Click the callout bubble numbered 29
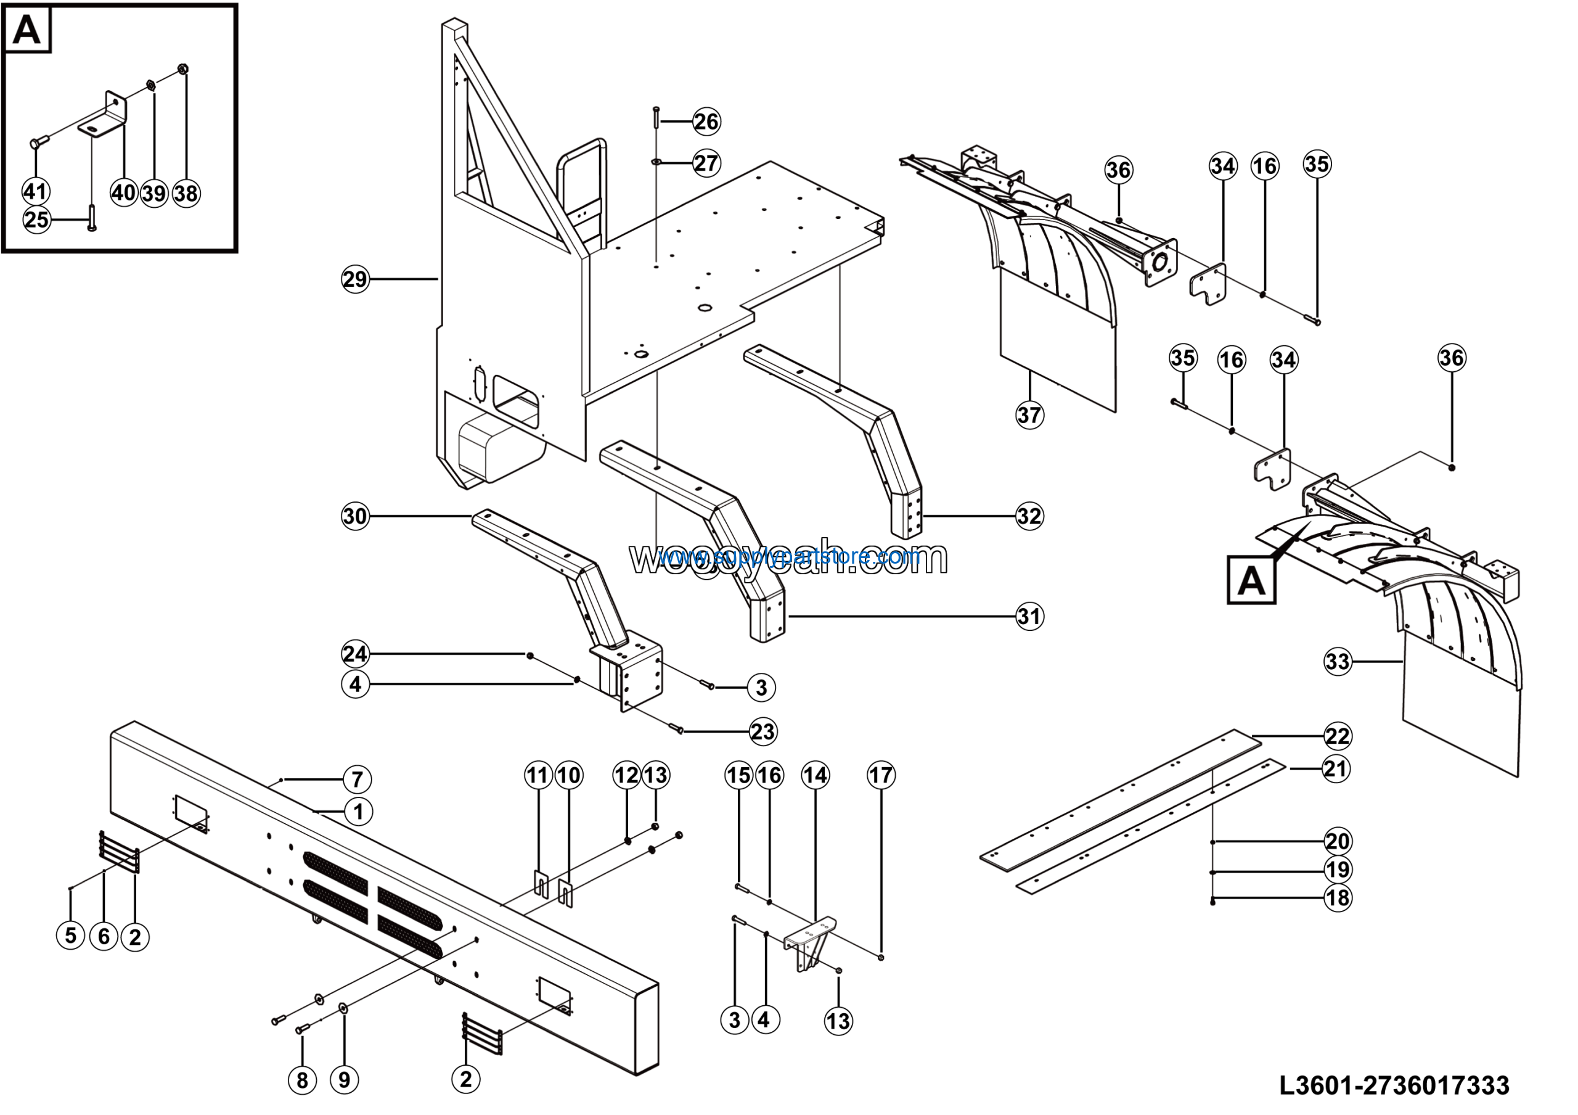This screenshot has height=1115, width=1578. (x=355, y=279)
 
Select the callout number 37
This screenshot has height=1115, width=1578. (x=1029, y=414)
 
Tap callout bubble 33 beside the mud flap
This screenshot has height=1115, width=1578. (x=1338, y=661)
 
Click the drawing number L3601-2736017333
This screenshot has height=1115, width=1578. (x=1394, y=1085)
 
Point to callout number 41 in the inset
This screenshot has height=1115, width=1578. (x=35, y=191)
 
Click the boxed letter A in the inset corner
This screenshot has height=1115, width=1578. (x=27, y=30)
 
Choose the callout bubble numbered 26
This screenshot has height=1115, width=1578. (x=706, y=121)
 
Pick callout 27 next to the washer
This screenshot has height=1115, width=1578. (x=706, y=163)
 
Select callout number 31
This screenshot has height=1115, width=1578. (x=1029, y=616)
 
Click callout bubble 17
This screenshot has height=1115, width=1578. (x=881, y=775)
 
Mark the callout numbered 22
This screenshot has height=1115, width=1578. (x=1338, y=736)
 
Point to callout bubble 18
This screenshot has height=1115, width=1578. (x=1338, y=898)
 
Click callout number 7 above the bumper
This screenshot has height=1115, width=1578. (x=358, y=780)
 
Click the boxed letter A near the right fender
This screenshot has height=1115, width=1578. (x=1251, y=582)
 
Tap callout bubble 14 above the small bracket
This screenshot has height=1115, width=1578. (x=815, y=775)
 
